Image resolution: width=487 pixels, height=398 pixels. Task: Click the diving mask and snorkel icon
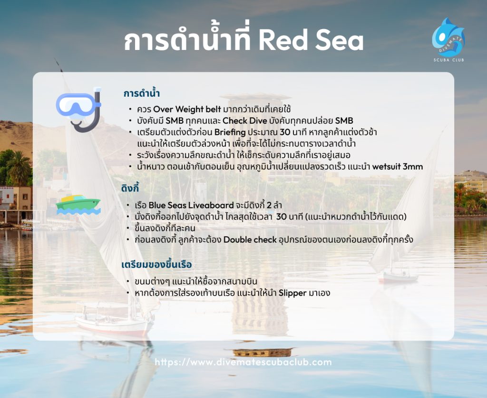coord(79,109)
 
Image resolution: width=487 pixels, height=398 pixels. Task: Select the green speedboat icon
coord(78,205)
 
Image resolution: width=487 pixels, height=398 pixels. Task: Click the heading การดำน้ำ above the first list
coord(142,93)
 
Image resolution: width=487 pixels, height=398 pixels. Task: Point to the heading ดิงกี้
coord(130,189)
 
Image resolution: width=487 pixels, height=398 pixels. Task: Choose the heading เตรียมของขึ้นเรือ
coord(156,265)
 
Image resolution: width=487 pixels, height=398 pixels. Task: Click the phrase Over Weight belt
coord(187,109)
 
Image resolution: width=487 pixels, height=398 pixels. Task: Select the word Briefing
coord(230,132)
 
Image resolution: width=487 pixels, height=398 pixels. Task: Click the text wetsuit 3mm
coord(398,167)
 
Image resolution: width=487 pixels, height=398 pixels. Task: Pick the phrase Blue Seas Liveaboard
coord(191,205)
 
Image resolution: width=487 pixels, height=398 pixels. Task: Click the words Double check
coord(250,240)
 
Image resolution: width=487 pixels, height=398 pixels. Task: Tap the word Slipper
coord(292,293)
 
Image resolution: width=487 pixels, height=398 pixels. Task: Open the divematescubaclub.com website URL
coord(243,362)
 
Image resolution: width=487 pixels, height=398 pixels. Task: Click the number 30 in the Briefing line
coord(285,132)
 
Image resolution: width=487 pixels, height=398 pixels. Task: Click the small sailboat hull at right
coord(398,277)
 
